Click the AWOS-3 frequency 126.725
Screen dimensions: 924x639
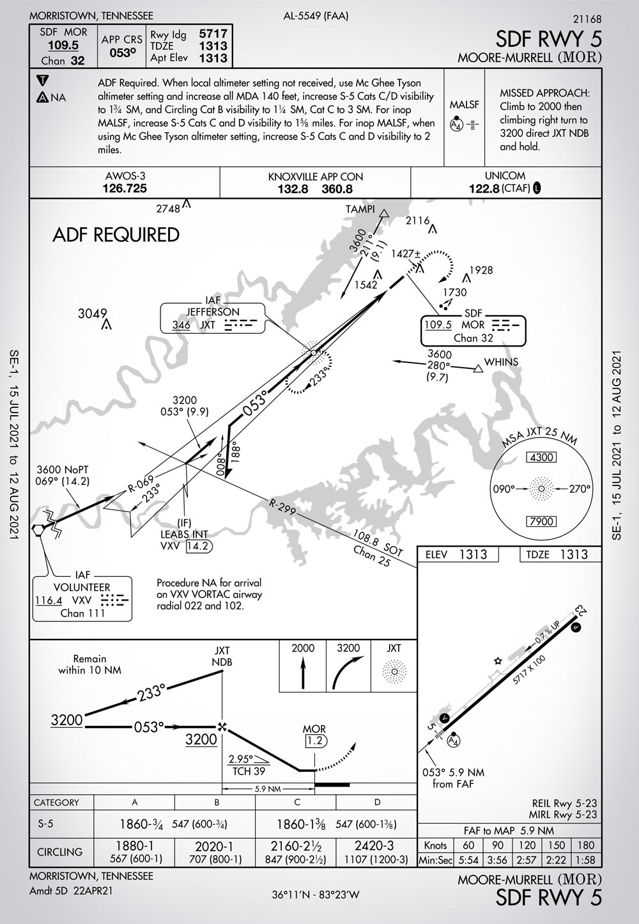[x=125, y=188]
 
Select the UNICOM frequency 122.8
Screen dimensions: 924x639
[x=483, y=188]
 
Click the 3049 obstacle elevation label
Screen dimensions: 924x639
[x=92, y=313]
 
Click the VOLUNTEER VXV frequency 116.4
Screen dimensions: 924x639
[x=49, y=600]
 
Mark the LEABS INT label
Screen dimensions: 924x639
[x=183, y=535]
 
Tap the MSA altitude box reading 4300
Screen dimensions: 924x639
[x=541, y=457]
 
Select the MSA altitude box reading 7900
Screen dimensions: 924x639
[x=541, y=521]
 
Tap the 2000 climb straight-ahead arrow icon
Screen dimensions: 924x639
[x=303, y=675]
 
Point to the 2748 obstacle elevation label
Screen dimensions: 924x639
[x=169, y=208]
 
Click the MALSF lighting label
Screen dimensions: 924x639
[x=465, y=104]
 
